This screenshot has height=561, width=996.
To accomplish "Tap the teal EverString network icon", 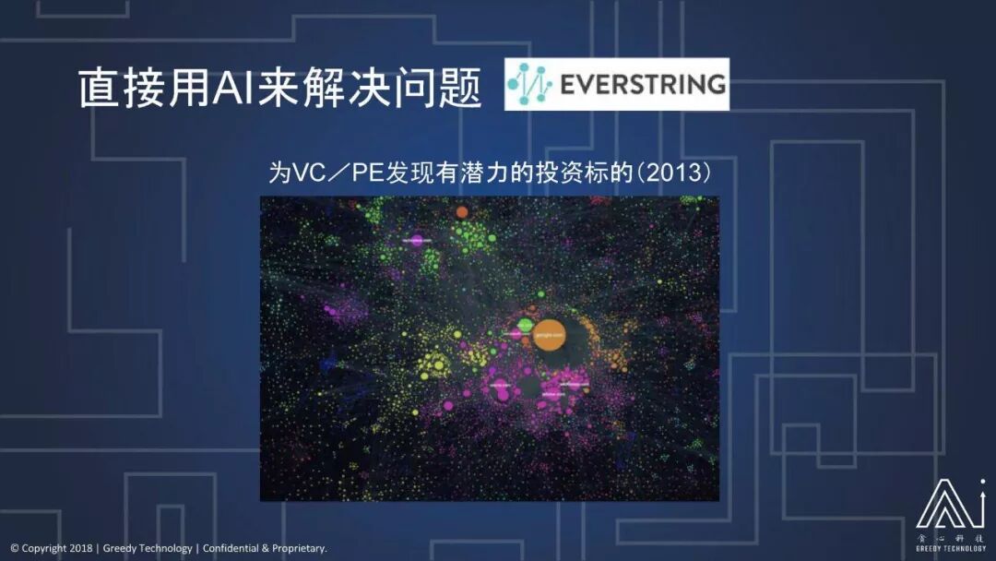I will pyautogui.click(x=529, y=84).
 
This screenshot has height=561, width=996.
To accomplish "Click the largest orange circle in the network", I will pyautogui.click(x=549, y=336).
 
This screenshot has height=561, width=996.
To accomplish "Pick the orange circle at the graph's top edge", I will pyautogui.click(x=462, y=211).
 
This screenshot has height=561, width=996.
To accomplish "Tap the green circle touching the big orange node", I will pyautogui.click(x=525, y=325).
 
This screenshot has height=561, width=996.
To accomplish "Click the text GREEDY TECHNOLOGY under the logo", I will pyautogui.click(x=950, y=548).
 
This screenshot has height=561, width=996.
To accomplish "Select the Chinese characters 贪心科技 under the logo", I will pyautogui.click(x=950, y=537).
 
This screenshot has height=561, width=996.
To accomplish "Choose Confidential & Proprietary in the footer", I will pyautogui.click(x=265, y=548).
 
